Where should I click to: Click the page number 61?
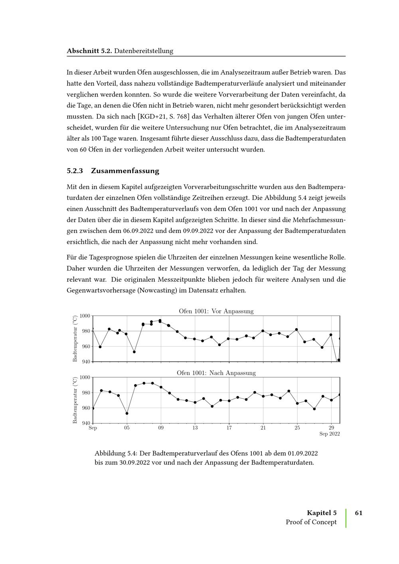coord(358,513)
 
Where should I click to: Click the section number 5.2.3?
coord(75,171)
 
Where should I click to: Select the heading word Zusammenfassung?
coord(125,171)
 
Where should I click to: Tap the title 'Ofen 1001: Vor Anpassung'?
coord(216,311)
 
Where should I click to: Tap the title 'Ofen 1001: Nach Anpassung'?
coord(216,373)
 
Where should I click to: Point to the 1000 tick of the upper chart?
coord(85,316)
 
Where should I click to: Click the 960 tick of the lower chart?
coord(86,408)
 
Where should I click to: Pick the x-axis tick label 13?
coord(195,428)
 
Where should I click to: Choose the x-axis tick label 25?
coord(297,428)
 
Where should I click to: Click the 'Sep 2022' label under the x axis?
coord(330,434)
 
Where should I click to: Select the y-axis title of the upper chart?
coord(75,339)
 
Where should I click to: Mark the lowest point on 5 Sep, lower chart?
coord(127,413)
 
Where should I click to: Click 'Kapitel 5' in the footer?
coord(322,513)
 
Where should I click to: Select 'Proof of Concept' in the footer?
coord(311,522)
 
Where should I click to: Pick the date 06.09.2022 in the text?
coord(138,231)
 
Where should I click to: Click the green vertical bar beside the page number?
coord(346,518)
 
